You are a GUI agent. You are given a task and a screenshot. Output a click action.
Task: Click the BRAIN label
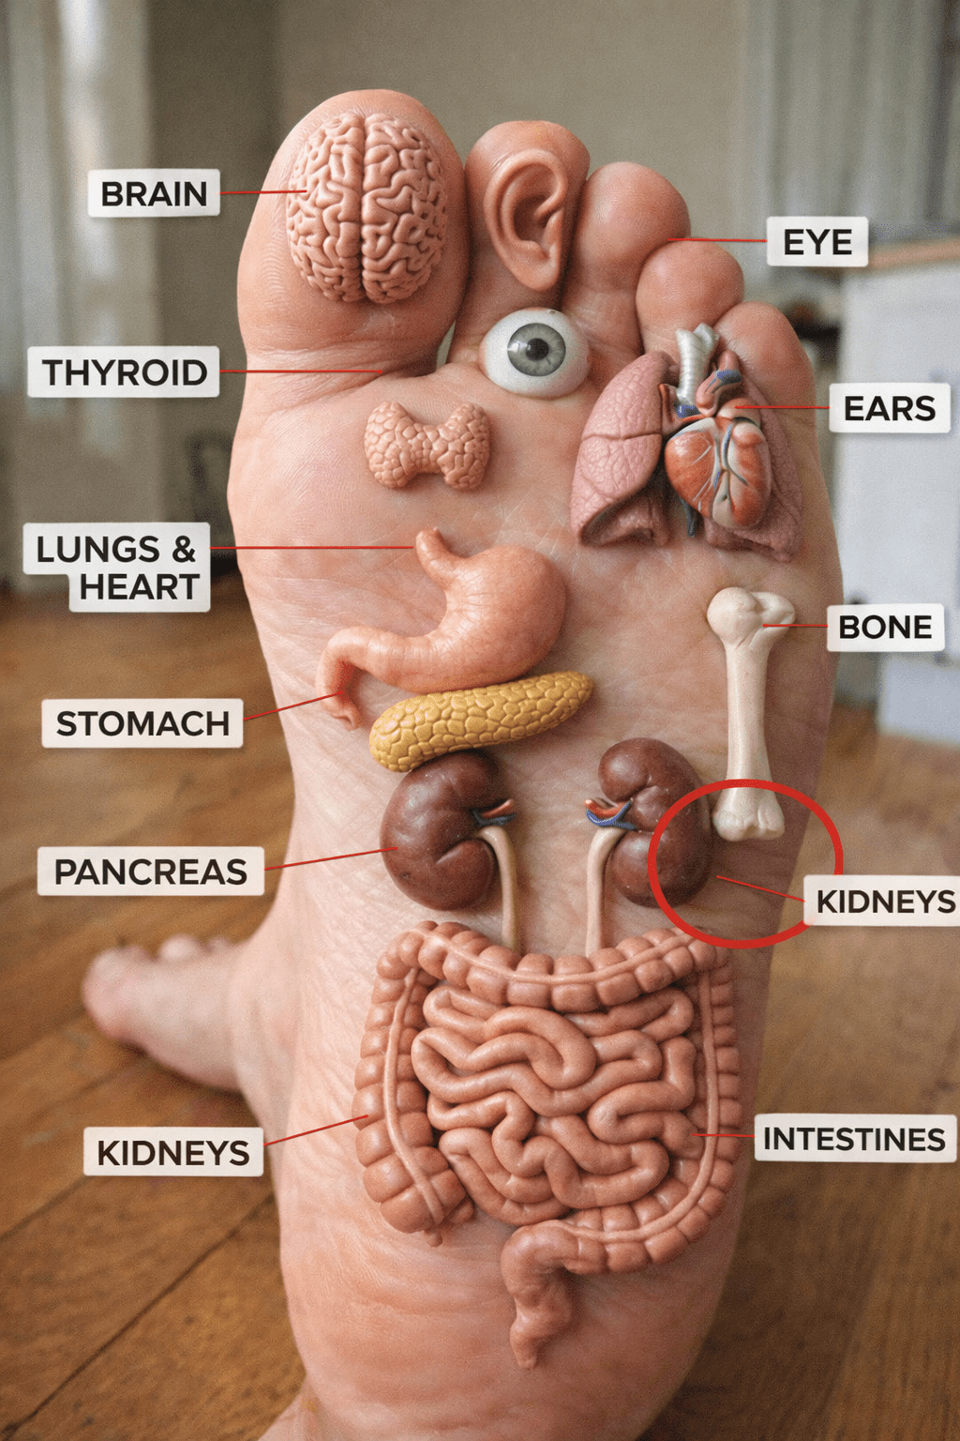click(x=154, y=193)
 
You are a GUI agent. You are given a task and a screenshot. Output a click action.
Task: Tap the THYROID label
click(x=124, y=372)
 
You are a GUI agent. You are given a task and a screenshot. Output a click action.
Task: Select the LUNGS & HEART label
click(x=116, y=568)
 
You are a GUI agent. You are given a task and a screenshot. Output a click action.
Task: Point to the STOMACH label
click(x=142, y=723)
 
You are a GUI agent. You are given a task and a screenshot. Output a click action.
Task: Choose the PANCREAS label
click(x=150, y=872)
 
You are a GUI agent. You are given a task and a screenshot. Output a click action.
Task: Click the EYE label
click(x=817, y=242)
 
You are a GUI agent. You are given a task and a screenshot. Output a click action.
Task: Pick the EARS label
click(x=889, y=408)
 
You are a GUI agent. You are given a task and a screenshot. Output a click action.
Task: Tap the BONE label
click(x=885, y=627)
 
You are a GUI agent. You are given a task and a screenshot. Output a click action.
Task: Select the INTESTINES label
click(x=854, y=1139)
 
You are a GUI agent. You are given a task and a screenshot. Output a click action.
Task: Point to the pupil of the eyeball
click(x=536, y=350)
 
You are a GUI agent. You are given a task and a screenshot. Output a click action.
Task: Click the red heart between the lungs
click(x=717, y=460)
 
